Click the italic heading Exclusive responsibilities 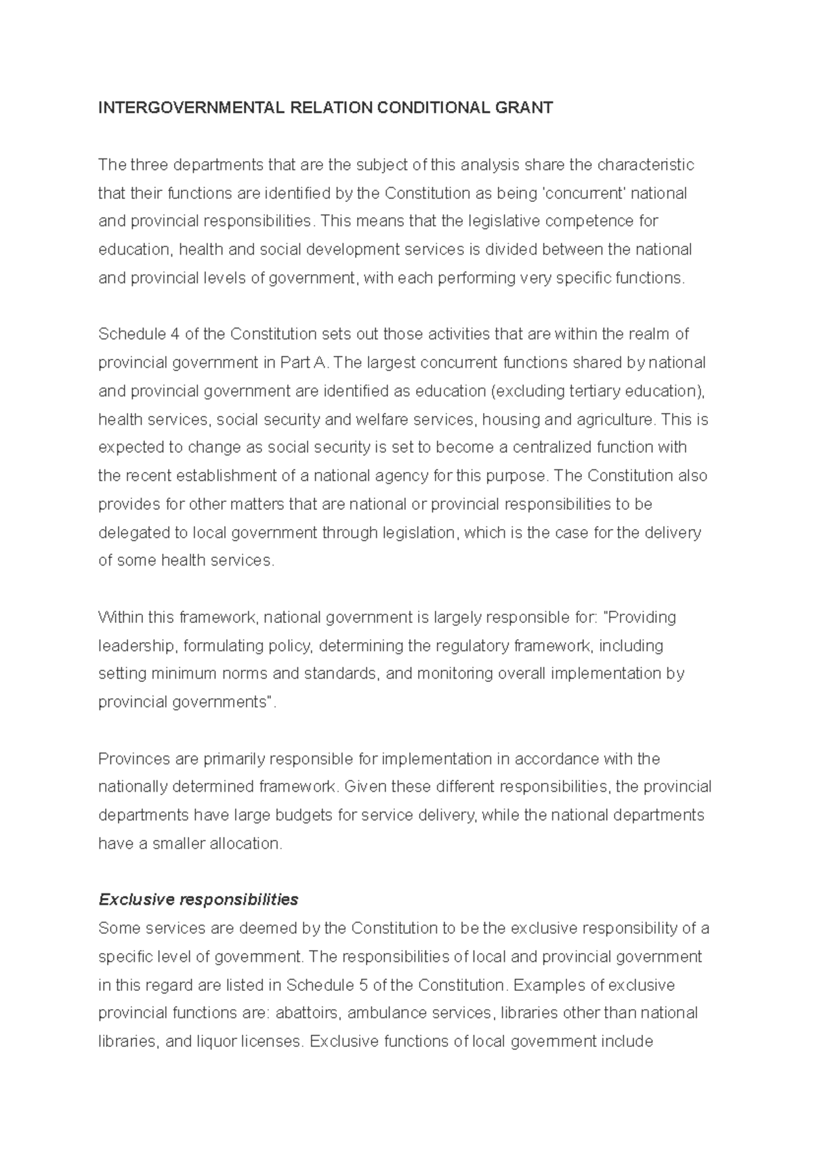point(198,899)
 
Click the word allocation point(245,844)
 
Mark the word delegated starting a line point(135,533)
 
